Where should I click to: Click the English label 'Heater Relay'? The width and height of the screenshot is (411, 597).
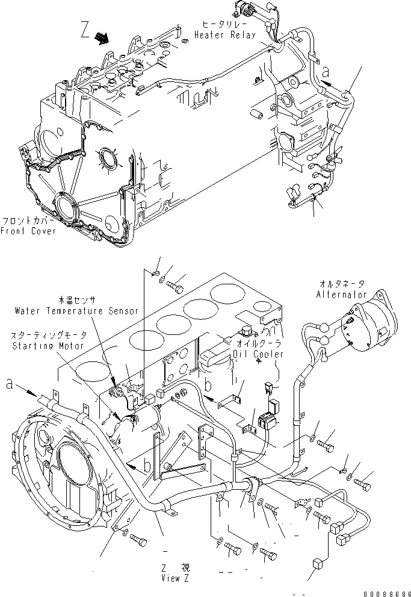(x=225, y=36)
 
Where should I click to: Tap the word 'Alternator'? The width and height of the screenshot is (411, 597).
(x=341, y=295)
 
